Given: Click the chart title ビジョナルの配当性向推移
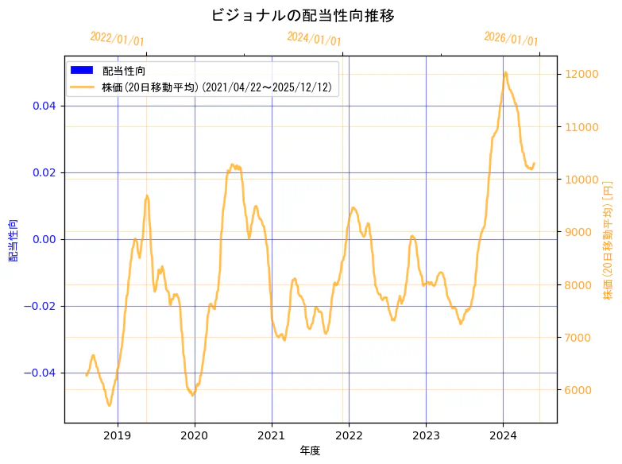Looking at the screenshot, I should (303, 15).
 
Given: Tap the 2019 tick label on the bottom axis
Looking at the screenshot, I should (118, 435).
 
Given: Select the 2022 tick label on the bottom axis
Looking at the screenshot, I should (349, 435).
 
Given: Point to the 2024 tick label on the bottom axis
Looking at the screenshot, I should (503, 435).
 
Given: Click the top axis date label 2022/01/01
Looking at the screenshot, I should (117, 38).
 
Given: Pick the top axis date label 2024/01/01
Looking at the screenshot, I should (314, 38).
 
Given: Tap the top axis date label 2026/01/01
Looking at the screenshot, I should (511, 38).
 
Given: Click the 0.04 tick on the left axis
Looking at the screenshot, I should (44, 106).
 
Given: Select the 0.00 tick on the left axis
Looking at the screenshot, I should (44, 239).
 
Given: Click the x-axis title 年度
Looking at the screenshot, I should (310, 450).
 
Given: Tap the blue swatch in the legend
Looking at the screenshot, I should (82, 71).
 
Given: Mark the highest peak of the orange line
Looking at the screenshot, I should (505, 72).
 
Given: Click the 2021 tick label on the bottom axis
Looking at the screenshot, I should (272, 435).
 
